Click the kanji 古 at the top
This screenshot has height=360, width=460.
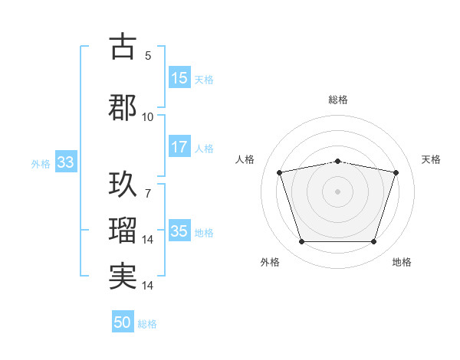123,47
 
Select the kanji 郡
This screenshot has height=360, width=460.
123,106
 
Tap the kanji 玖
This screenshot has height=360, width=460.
123,184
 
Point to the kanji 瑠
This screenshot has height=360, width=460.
123,230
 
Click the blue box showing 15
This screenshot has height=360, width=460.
179,78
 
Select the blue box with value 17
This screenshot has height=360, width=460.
179,147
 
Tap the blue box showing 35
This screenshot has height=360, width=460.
179,232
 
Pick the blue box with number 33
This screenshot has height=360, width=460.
65,162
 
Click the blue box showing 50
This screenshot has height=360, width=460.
123,322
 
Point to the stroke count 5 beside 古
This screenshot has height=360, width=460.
148,56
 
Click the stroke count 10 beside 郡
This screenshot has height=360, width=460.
147,116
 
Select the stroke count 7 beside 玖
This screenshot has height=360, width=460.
148,194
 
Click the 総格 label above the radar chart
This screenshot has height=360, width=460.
338,100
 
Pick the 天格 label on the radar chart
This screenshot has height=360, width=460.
432,159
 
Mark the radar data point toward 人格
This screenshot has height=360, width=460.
280,172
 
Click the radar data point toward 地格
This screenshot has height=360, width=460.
373,242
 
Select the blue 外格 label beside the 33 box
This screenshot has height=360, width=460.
41,163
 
